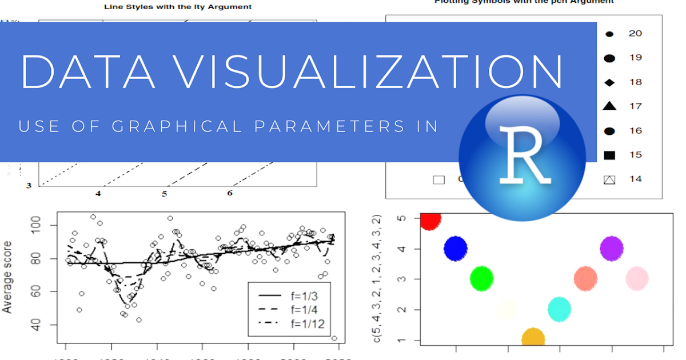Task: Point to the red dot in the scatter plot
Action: [430, 219]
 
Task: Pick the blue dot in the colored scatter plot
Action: [456, 249]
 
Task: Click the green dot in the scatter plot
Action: [481, 278]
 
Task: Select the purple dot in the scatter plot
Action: [611, 249]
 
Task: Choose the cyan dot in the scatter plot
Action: [560, 309]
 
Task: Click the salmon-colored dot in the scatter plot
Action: [585, 278]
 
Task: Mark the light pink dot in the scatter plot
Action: [637, 278]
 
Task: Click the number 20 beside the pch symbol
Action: [635, 33]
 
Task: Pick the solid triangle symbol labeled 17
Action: [609, 106]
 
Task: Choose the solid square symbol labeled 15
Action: [609, 155]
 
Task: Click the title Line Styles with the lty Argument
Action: [177, 7]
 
